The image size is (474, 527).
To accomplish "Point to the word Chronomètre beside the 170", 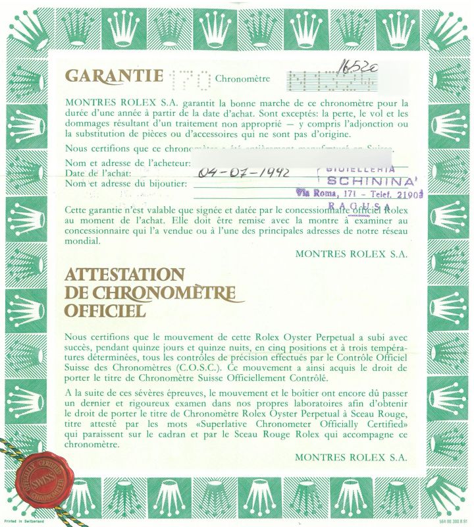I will tap(243, 80).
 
